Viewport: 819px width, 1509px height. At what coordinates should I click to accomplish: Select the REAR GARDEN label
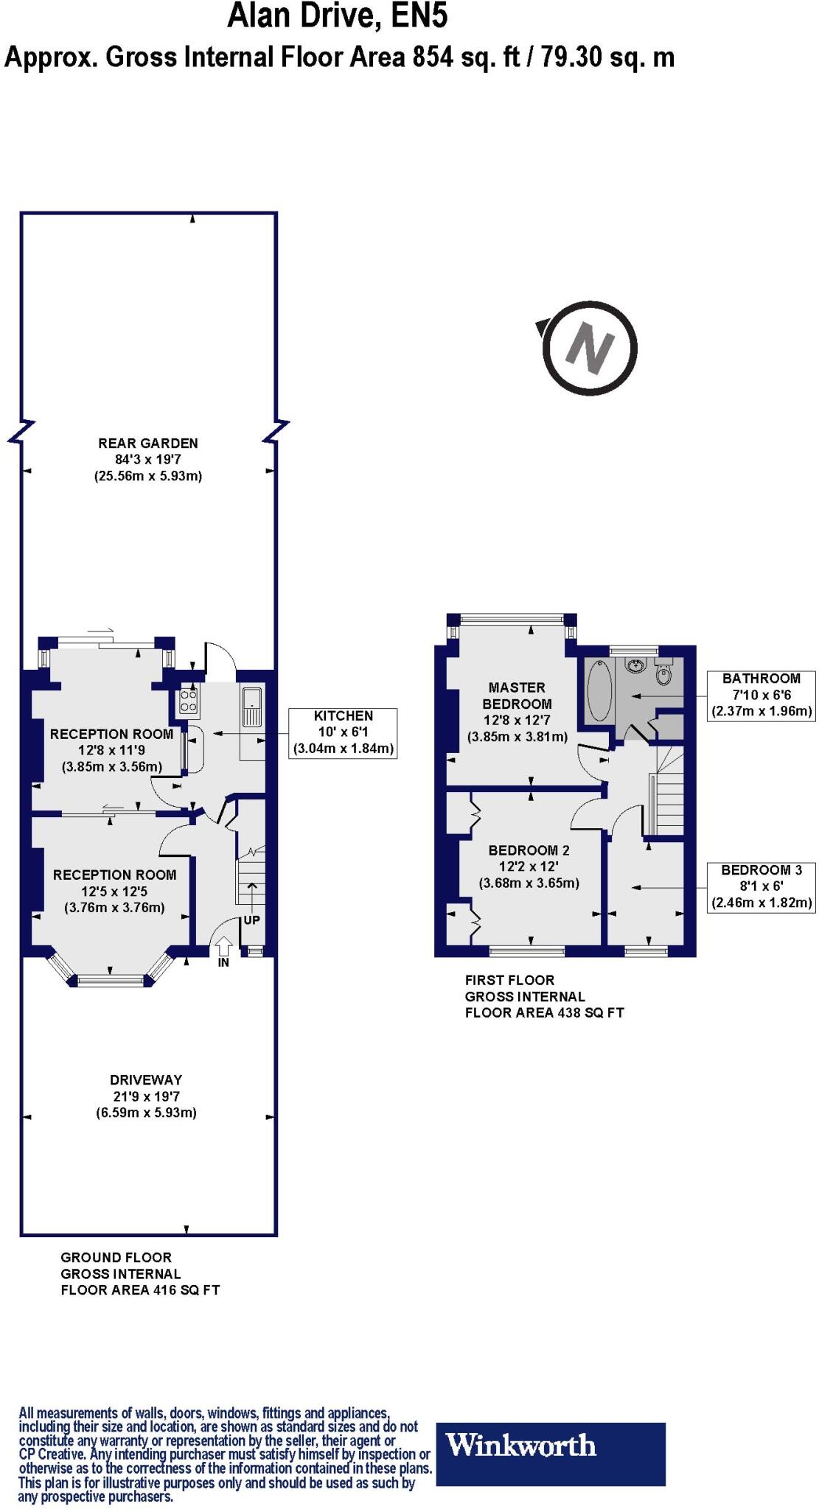coord(148,444)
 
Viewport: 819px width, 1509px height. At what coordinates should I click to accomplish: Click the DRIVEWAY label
coord(146,1080)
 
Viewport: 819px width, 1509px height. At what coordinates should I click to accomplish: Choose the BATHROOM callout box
coord(762,696)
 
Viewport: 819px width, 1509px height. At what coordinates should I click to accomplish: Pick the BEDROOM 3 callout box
coord(762,886)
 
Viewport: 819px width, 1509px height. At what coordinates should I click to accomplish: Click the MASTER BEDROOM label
coord(517,696)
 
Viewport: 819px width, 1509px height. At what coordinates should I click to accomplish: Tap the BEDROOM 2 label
coord(529,850)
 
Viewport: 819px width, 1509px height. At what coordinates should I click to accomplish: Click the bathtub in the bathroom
coord(599,690)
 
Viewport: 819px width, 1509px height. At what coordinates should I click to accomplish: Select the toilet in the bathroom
coord(663,672)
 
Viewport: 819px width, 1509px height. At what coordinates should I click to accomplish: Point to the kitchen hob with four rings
coord(189,702)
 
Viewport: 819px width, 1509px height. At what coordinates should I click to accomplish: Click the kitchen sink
coord(251,707)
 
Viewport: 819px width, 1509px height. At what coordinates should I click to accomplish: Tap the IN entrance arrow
coord(223,948)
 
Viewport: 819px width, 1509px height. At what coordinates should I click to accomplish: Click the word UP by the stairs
coord(251,920)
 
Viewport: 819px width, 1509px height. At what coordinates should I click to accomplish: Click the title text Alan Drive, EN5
coord(338,15)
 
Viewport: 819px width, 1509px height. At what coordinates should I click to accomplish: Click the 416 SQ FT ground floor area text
coord(184,1289)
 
